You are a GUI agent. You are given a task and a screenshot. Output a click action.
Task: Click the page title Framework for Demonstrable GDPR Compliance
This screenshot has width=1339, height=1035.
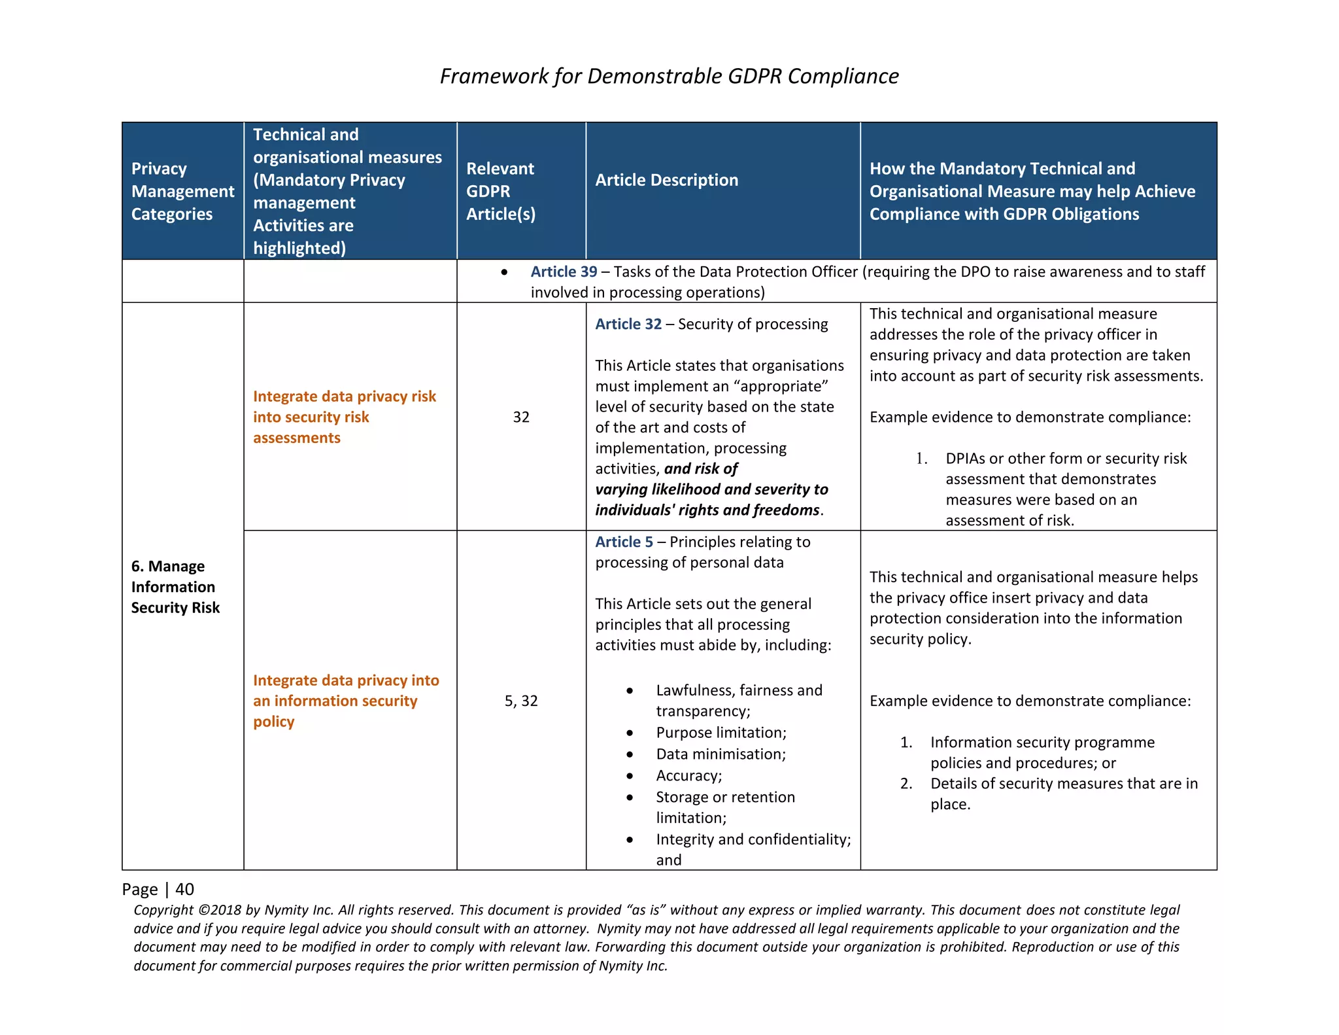[669, 76]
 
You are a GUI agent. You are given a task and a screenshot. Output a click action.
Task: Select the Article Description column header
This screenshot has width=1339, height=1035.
[666, 180]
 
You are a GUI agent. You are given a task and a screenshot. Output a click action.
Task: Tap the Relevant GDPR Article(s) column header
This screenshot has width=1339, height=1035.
[500, 191]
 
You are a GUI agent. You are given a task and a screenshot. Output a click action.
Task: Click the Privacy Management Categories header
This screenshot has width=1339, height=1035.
[182, 191]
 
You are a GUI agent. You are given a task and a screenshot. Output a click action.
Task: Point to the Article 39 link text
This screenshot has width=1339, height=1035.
[564, 272]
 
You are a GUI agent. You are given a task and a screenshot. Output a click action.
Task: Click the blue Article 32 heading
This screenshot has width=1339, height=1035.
[628, 324]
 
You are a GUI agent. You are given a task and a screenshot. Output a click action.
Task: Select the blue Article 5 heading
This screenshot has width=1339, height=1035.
[624, 542]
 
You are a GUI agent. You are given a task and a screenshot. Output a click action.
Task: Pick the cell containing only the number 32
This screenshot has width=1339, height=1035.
[521, 417]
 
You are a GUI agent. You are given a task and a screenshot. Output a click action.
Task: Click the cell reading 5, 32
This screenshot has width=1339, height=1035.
[521, 701]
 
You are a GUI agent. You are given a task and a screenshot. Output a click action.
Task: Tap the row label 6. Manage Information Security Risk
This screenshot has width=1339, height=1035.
[175, 587]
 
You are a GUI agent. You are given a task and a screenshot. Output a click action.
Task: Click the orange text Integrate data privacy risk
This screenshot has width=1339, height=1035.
[344, 396]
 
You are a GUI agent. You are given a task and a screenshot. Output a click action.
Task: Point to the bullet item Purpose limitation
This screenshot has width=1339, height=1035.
[720, 733]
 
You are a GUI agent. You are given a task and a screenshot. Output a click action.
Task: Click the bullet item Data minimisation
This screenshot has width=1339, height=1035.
[720, 754]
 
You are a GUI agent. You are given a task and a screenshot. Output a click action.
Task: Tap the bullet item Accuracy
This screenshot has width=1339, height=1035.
[688, 776]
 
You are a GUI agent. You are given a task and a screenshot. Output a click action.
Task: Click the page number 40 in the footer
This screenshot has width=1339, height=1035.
[184, 889]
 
